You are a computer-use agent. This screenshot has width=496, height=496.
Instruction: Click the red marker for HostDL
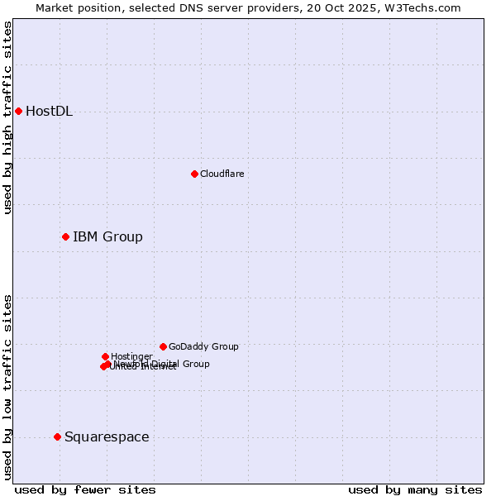[x=18, y=112]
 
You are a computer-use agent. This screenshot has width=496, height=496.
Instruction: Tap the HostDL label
[x=49, y=112]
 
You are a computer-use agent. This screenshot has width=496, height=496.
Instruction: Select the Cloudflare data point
[x=194, y=174]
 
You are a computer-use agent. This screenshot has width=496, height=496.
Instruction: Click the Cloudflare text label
[x=222, y=174]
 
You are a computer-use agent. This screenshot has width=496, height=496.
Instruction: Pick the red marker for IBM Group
[x=65, y=237]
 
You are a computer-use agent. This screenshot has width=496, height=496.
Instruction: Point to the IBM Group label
[x=107, y=237]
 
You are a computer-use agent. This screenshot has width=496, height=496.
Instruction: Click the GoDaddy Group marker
[x=163, y=346]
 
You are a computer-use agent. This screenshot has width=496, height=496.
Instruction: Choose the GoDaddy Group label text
[x=203, y=346]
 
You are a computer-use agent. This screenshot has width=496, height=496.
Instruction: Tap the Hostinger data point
[x=105, y=356]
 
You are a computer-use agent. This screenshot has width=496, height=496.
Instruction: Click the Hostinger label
[x=131, y=356]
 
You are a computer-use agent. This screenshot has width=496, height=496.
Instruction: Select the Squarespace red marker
[x=57, y=436]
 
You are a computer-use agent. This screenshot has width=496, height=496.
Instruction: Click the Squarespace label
[x=107, y=436]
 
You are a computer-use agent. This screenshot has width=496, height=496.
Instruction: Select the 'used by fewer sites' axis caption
[x=85, y=489]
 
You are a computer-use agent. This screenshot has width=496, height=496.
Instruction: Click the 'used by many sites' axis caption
[x=415, y=489]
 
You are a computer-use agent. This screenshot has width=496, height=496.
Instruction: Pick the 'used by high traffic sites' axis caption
[x=7, y=117]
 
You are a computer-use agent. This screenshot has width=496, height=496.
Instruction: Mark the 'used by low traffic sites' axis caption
[x=7, y=386]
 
